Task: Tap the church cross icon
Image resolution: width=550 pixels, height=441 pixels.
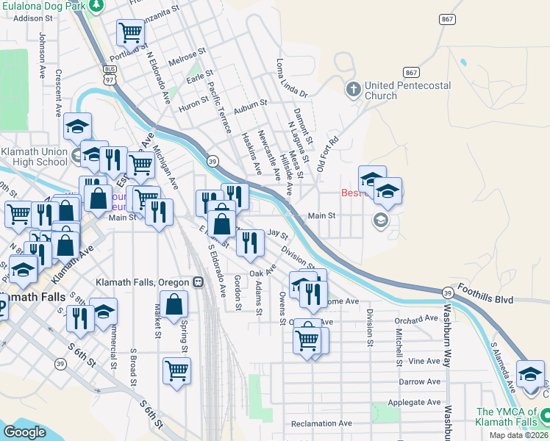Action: click(x=353, y=90)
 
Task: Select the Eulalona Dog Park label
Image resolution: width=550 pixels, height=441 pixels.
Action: click(x=40, y=5)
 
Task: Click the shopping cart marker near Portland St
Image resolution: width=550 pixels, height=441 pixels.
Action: click(x=130, y=32)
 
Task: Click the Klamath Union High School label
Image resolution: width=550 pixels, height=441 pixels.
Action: click(x=33, y=157)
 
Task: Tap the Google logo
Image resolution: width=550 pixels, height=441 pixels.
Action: click(x=24, y=432)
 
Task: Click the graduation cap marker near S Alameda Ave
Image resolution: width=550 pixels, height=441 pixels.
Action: click(x=531, y=374)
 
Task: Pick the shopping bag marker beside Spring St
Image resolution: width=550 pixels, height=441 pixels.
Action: click(x=174, y=304)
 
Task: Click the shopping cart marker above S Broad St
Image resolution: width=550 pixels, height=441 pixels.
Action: click(x=177, y=370)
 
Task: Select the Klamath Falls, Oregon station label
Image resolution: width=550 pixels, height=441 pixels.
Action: click(x=143, y=282)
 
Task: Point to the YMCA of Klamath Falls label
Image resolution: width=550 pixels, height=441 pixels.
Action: click(x=512, y=418)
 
